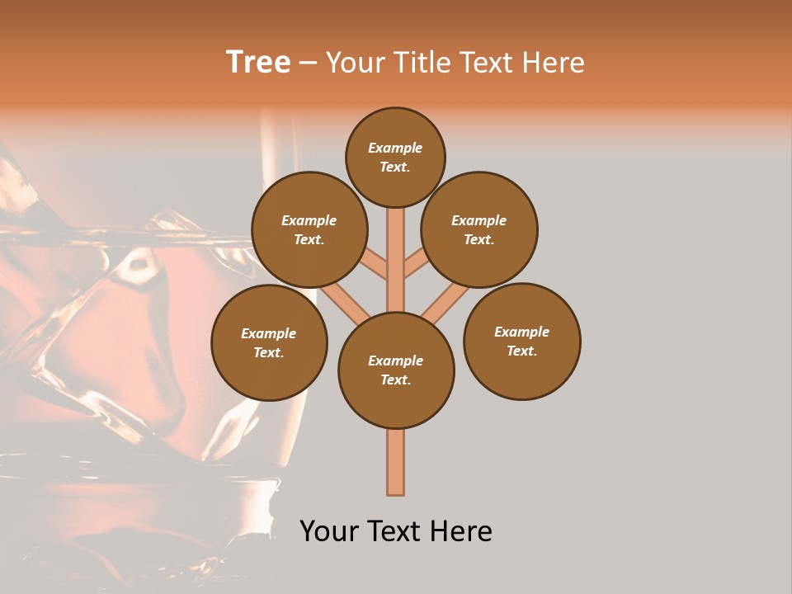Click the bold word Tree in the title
(x=258, y=62)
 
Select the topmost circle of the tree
(x=395, y=157)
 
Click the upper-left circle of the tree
(x=309, y=229)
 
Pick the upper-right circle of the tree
(x=479, y=229)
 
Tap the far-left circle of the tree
(x=269, y=342)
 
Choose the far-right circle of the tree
(x=521, y=341)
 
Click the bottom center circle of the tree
(x=396, y=370)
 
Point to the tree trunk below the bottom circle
(x=396, y=462)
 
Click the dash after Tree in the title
(x=309, y=63)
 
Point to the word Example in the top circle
(x=395, y=148)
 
